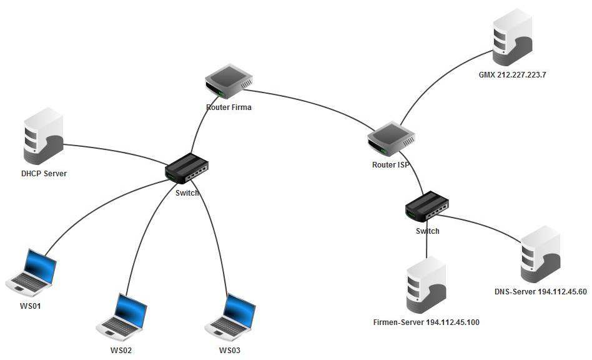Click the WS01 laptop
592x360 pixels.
click(x=32, y=273)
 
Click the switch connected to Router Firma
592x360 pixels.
click(x=187, y=168)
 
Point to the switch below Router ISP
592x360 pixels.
click(x=427, y=206)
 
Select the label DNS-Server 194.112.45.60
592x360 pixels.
click(x=540, y=292)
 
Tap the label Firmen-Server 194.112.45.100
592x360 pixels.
click(x=426, y=322)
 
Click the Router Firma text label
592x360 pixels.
click(x=229, y=107)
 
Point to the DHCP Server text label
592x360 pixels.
click(x=44, y=173)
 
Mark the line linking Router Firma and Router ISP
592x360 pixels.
click(x=312, y=103)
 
